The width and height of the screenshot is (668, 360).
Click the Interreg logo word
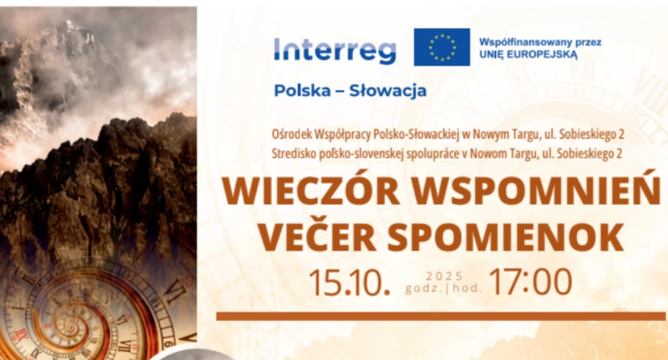click(x=335, y=51)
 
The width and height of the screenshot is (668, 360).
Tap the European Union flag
click(x=442, y=47)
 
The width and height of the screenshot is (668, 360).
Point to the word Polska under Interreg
click(x=302, y=91)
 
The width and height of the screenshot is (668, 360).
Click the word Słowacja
click(x=388, y=91)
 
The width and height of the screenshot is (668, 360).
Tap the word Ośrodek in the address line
click(x=291, y=135)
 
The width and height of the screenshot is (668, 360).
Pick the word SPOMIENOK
click(x=506, y=238)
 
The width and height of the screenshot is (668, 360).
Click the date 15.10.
click(x=350, y=283)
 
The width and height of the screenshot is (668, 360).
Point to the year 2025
click(x=444, y=276)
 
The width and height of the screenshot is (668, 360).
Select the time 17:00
click(x=531, y=282)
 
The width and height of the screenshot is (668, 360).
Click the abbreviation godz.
click(x=424, y=289)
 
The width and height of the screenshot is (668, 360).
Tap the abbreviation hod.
click(x=467, y=288)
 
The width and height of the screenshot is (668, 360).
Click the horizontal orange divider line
click(x=441, y=316)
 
